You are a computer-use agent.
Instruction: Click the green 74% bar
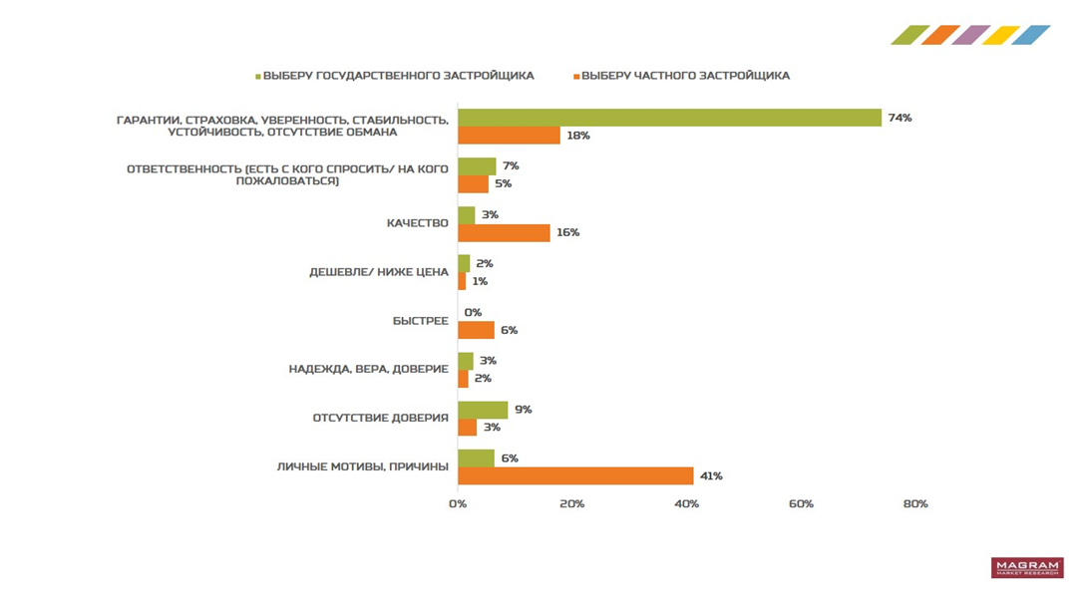coord(669,118)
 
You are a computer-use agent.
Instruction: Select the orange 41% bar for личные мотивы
coord(575,476)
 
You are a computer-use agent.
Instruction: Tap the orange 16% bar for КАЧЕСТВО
coord(504,232)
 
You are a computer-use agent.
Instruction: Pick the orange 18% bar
coord(509,136)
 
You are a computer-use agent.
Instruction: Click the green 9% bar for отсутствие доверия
coord(483,410)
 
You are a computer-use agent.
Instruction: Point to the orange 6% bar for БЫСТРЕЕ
coord(476,330)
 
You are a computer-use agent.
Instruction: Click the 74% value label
coord(900,118)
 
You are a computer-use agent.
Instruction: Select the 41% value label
coord(711,476)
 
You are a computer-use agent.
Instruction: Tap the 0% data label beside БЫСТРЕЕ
coord(473,312)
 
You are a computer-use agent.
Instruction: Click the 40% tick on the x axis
coord(686,504)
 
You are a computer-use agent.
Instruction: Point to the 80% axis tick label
coord(915,504)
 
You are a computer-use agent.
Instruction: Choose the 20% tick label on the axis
coord(571,504)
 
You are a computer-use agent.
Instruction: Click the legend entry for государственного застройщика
coord(397,76)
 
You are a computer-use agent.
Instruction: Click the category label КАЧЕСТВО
coord(417,223)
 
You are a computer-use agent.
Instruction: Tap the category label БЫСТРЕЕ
coord(420,321)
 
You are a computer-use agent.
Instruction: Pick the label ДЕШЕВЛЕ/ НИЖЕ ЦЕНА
coord(379,272)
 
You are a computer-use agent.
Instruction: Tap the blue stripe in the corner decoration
coord(1030,35)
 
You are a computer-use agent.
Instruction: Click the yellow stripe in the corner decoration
coord(1000,35)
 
